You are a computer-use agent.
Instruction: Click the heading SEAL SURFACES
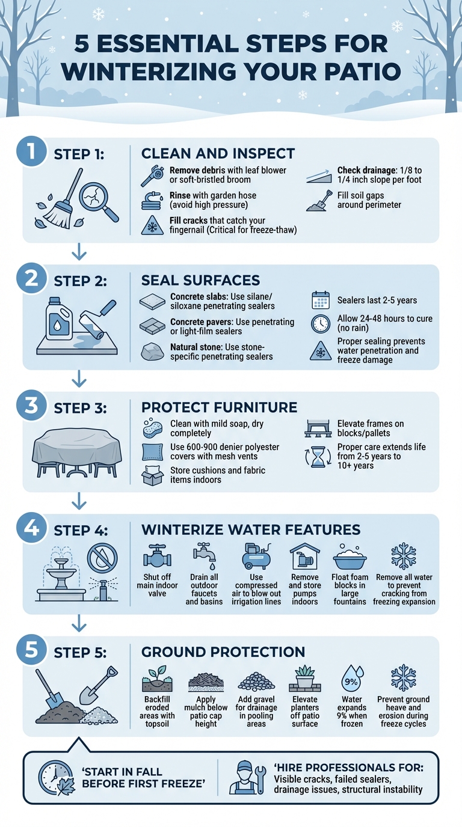point(200,280)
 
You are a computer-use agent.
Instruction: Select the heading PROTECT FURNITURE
point(219,407)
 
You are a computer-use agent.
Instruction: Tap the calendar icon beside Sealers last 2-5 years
point(320,300)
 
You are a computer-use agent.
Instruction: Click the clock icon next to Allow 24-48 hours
point(320,324)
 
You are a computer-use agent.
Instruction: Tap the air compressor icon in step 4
point(256,556)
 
